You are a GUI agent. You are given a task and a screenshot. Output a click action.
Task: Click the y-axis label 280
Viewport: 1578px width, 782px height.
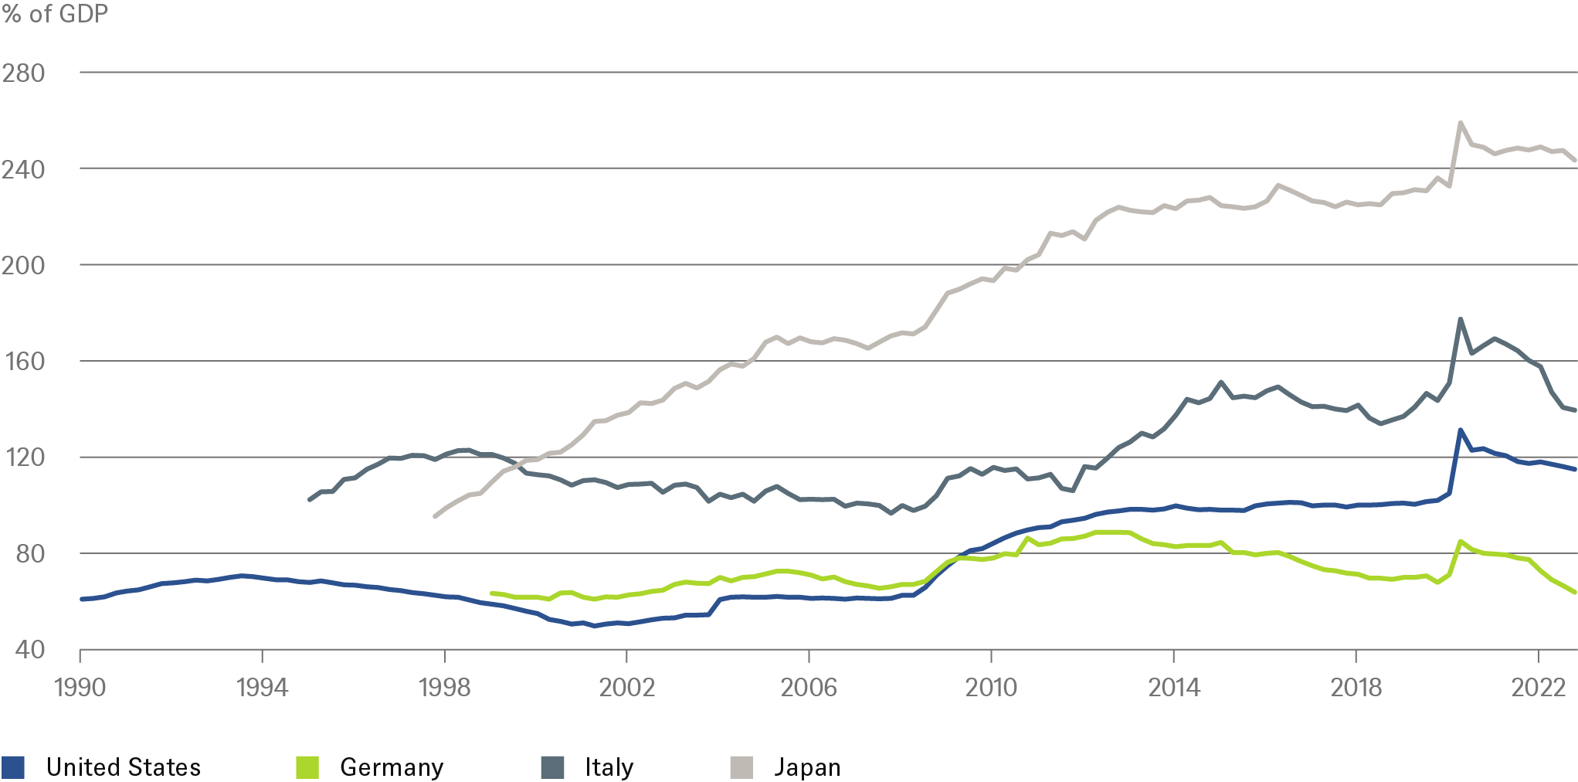pyautogui.click(x=23, y=73)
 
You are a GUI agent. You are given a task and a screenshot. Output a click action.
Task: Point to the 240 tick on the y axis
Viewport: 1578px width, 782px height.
pyautogui.click(x=23, y=169)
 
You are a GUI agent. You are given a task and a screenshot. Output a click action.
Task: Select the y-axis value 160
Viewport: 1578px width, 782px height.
pyautogui.click(x=23, y=362)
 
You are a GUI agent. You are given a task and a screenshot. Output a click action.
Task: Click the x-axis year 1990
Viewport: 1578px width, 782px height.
pyautogui.click(x=80, y=687)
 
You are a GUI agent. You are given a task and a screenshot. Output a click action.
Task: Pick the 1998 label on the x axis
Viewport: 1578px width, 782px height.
pyautogui.click(x=444, y=687)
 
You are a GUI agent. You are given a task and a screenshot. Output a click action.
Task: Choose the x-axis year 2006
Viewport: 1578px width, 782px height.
pyautogui.click(x=809, y=687)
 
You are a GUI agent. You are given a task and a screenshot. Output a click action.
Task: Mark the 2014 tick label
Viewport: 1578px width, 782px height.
pyautogui.click(x=1173, y=687)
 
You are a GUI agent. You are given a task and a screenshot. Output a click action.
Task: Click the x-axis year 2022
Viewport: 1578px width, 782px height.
pyautogui.click(x=1537, y=687)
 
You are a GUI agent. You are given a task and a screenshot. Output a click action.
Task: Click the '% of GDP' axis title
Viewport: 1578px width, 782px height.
pyautogui.click(x=55, y=14)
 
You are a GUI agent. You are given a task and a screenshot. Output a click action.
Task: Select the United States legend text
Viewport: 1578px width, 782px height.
pyautogui.click(x=124, y=767)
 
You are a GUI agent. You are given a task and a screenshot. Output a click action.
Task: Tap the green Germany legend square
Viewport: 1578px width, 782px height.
pyautogui.click(x=307, y=767)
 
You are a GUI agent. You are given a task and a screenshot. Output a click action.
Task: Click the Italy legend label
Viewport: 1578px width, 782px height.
pyautogui.click(x=609, y=767)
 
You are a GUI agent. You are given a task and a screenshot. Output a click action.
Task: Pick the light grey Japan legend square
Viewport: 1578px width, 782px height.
pyautogui.click(x=741, y=767)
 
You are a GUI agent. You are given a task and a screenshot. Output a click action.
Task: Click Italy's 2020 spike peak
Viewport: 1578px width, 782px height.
pyautogui.click(x=1460, y=318)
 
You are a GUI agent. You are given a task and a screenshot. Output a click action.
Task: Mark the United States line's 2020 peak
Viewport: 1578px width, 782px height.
pyautogui.click(x=1460, y=430)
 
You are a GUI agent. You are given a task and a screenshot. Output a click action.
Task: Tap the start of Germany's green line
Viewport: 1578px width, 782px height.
pyautogui.click(x=491, y=593)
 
